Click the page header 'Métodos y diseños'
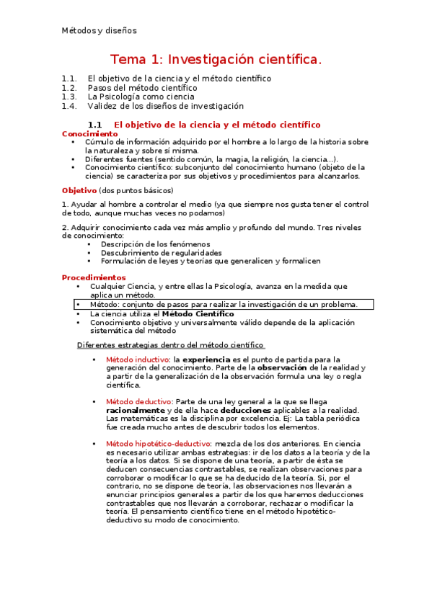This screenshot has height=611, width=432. [x=99, y=31]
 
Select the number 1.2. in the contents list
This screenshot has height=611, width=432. [x=69, y=87]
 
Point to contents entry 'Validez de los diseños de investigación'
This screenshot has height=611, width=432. [x=166, y=106]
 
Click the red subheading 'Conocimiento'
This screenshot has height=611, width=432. [x=89, y=134]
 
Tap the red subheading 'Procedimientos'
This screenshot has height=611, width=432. [x=94, y=277]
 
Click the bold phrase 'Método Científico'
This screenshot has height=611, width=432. [x=198, y=314]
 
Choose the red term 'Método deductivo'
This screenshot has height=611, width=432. [x=138, y=401]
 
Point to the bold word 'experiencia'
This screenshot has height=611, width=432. [x=206, y=359]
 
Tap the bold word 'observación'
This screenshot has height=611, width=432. [x=287, y=367]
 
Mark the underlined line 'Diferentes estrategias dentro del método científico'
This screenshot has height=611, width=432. [x=170, y=345]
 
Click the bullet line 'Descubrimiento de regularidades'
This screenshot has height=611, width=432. [x=161, y=253]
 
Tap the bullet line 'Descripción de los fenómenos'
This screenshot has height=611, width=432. [x=155, y=244]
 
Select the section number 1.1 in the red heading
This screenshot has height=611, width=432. [x=94, y=125]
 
